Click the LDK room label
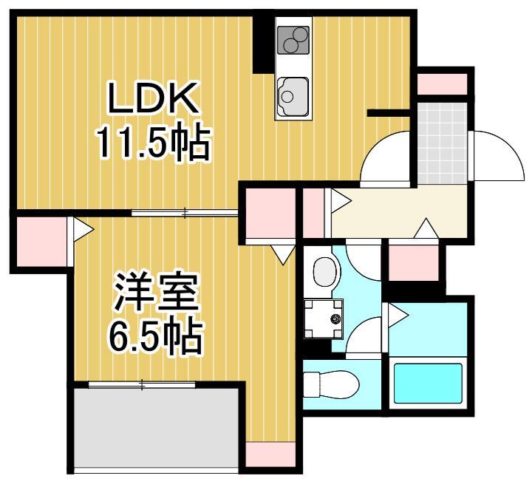point(153,98)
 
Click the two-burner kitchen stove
point(293,41)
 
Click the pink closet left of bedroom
point(41,242)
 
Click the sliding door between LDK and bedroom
point(185,214)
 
